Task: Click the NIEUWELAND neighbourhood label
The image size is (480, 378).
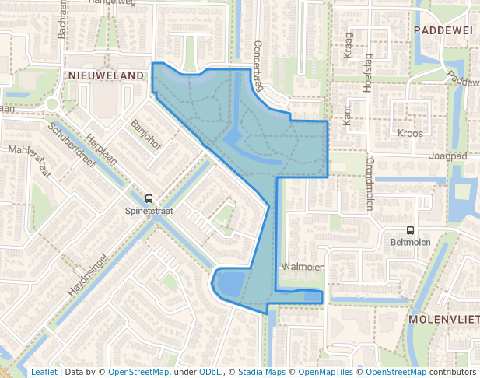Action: [x=107, y=75]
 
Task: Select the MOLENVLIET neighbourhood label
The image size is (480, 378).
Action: [x=441, y=319]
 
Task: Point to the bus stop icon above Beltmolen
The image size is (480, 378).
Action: [x=409, y=229]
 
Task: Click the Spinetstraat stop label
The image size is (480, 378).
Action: [x=149, y=210]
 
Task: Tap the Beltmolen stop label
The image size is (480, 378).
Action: [x=409, y=242]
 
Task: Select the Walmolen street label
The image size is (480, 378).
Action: [x=304, y=268]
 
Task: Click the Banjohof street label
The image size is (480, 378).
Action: [x=146, y=133]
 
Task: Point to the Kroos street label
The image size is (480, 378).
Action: [x=410, y=133]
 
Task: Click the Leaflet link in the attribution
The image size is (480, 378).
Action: [x=44, y=372]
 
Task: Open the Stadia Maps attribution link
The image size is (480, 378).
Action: [x=261, y=372]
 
